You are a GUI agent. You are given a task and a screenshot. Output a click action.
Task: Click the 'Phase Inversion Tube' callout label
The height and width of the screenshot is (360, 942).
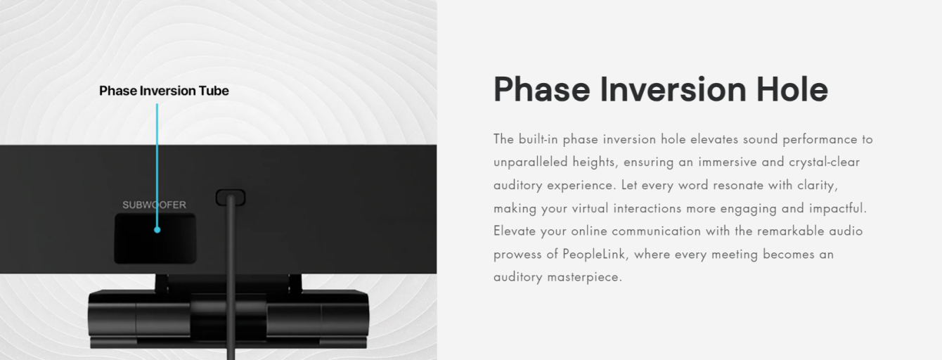(x=164, y=91)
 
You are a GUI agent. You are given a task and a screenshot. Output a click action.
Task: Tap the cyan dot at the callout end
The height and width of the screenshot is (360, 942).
(x=157, y=230)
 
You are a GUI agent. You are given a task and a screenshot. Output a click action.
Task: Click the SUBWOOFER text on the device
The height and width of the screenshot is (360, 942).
(x=155, y=205)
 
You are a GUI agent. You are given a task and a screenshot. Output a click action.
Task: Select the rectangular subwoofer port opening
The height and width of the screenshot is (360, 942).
(x=155, y=238)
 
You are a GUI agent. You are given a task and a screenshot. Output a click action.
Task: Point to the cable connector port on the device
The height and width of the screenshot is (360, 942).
(x=231, y=198)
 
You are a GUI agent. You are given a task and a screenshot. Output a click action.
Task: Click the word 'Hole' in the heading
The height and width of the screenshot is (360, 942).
(x=792, y=89)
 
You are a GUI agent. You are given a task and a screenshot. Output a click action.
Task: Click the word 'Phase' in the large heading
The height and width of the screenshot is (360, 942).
(x=542, y=89)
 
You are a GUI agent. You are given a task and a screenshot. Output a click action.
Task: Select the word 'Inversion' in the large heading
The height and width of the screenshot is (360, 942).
(x=673, y=89)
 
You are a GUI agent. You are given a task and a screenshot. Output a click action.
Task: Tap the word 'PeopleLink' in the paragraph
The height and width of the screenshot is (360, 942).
(x=593, y=255)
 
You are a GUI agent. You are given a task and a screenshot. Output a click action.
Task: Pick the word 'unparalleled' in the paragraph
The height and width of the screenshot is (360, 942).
(x=531, y=162)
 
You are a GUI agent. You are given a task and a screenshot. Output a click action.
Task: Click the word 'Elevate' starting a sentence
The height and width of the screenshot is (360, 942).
(x=515, y=231)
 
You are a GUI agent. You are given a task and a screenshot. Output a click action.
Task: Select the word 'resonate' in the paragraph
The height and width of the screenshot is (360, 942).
(x=738, y=186)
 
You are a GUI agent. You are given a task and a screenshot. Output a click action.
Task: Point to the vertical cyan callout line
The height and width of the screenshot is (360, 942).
(x=157, y=166)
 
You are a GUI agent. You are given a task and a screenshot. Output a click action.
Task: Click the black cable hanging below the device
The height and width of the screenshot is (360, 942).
(x=231, y=278)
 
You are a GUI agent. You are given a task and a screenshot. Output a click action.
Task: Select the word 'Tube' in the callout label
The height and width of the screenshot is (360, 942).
(x=215, y=91)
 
